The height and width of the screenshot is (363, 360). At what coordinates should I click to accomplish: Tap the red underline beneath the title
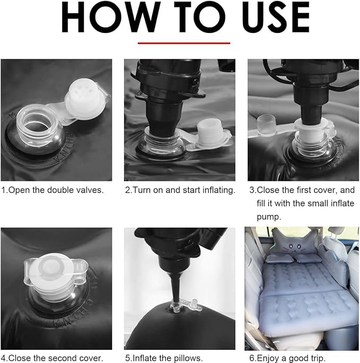point(184,43)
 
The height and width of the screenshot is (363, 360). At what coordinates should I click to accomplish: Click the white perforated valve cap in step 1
point(86,99)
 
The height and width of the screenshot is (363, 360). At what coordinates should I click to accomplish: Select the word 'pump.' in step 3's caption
point(269,217)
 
